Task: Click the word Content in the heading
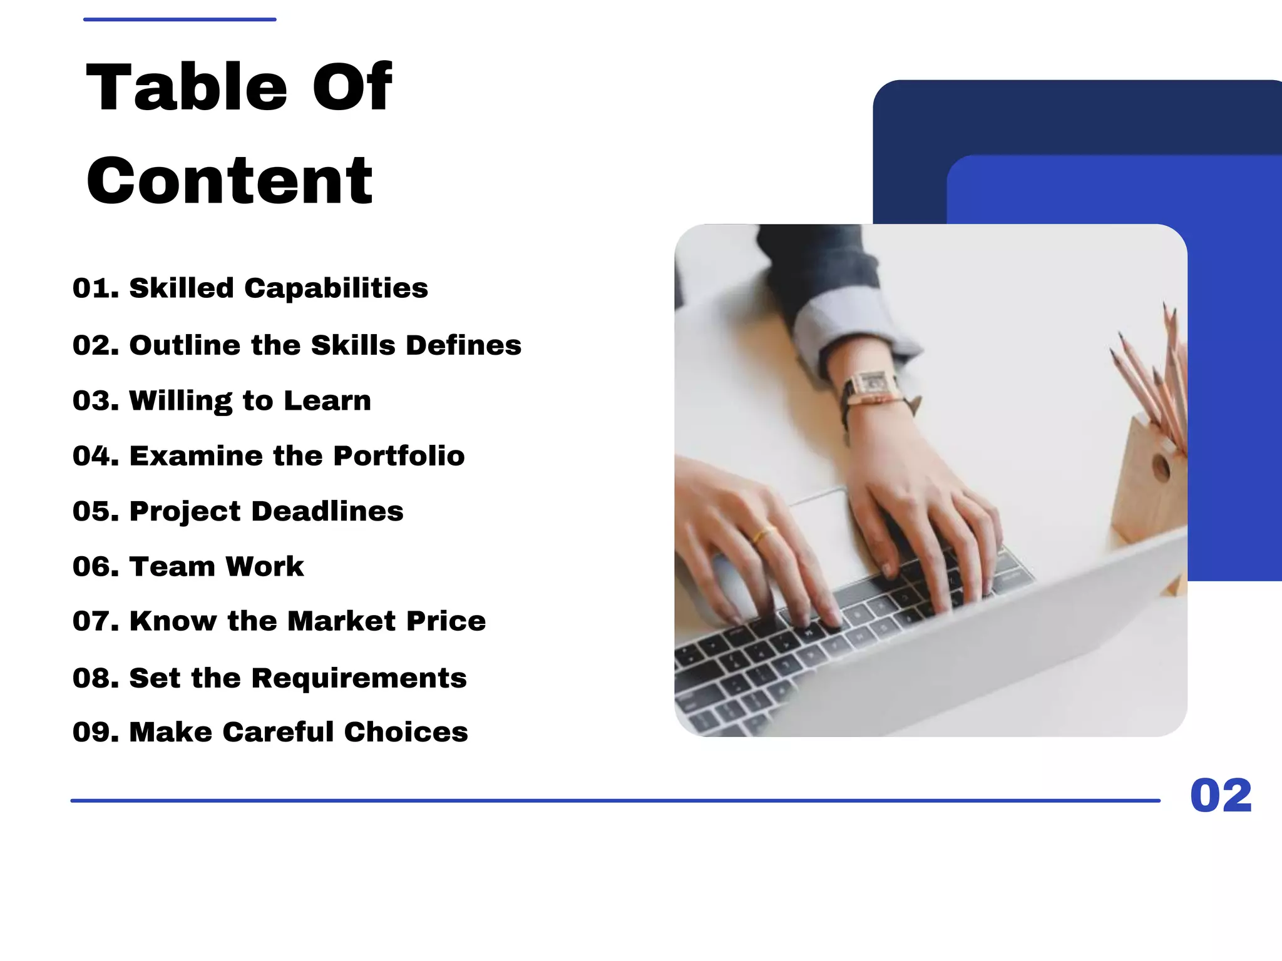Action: coord(230,181)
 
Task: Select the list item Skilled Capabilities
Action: coord(278,288)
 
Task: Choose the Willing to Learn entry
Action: coord(250,401)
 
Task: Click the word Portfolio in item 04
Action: coord(399,456)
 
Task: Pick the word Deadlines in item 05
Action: coord(327,512)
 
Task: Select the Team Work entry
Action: coord(216,567)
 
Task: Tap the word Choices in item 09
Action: coord(406,732)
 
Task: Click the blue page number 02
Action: coord(1221,796)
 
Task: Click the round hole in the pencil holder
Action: coord(1161,467)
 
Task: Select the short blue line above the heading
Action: coord(180,19)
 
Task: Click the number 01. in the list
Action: coord(95,288)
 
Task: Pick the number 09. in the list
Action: coord(95,732)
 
